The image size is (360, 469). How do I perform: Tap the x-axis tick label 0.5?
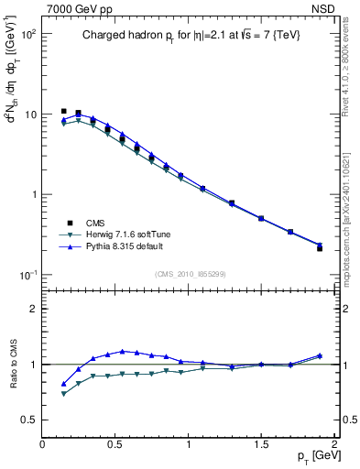tap(115, 442)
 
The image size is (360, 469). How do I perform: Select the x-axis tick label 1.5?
tap(261, 442)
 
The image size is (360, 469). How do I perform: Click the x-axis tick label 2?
tap(334, 442)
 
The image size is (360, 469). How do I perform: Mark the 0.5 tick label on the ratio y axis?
tap(27, 420)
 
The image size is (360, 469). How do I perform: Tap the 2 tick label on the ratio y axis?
tap(32, 309)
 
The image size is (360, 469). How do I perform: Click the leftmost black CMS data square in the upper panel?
tap(64, 111)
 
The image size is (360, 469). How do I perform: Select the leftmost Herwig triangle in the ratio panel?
tap(64, 394)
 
